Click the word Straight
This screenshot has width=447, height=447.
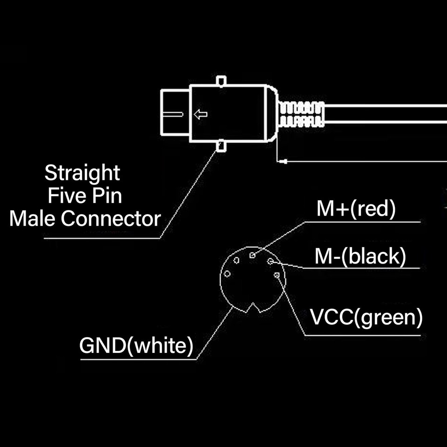click(82, 173)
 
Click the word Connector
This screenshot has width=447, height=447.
click(111, 219)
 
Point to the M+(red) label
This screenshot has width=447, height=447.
click(356, 209)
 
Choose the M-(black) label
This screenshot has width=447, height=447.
click(360, 256)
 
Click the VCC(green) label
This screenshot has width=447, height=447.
click(366, 317)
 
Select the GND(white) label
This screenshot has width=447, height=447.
click(136, 345)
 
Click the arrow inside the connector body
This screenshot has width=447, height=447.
click(201, 115)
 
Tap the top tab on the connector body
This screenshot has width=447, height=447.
click(221, 81)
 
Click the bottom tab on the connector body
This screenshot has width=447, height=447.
click(221, 146)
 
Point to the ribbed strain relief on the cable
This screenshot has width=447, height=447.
click(301, 114)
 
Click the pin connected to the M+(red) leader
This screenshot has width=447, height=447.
click(252, 255)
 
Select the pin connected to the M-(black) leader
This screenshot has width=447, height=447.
click(270, 261)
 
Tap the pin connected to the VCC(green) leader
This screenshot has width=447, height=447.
click(277, 275)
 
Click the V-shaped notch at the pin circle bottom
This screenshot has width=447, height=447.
click(253, 308)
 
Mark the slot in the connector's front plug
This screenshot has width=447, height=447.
click(173, 115)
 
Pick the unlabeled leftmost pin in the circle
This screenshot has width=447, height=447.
click(227, 274)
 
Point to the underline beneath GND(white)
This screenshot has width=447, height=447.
click(138, 359)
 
